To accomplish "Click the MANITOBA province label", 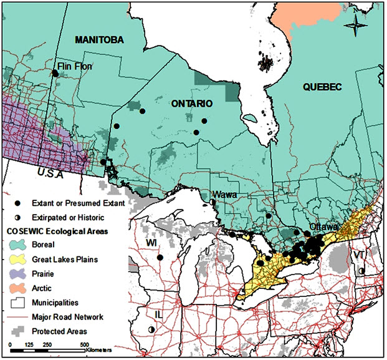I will click(x=100, y=40).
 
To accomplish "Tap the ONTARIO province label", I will click(x=192, y=104).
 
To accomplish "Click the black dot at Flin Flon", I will click(x=55, y=73).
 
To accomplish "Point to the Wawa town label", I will click(x=226, y=195).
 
